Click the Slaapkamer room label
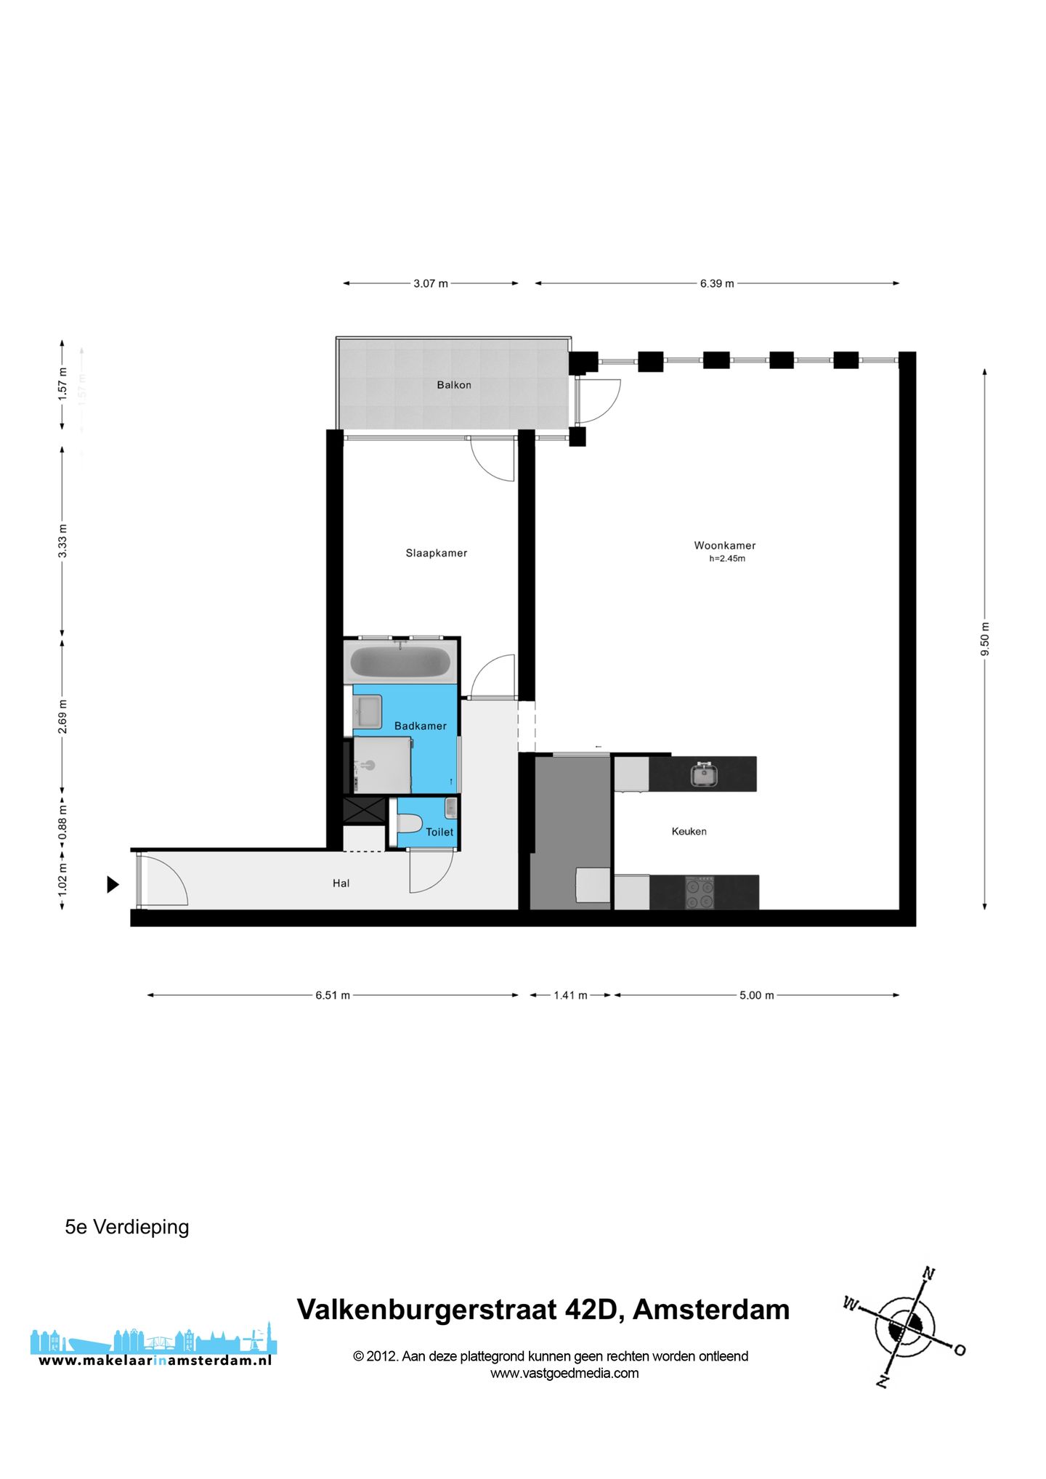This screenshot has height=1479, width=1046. pos(436,553)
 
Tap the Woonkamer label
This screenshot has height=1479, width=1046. pos(724,545)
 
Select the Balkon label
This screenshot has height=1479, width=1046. pos(453,384)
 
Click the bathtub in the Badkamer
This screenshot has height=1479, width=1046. pos(400,662)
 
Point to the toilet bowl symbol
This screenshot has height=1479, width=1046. pos(410,824)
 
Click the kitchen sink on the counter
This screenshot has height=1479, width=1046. pos(703,774)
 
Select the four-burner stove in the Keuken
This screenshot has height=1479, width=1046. pos(700,893)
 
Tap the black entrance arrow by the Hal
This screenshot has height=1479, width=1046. pos(113,884)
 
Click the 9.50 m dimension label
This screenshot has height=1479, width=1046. pos(985,639)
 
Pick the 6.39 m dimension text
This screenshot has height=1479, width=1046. pos(716,283)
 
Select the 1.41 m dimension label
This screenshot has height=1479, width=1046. pos(570,995)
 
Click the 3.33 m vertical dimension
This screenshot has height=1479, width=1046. pos(62,540)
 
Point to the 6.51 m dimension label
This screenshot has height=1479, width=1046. pos(333,995)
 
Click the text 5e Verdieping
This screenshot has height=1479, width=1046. pos(127,1227)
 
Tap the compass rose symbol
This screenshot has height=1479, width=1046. pos(904,1327)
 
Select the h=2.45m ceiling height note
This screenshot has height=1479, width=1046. pos(726,559)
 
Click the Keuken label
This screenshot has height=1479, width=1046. pos(689,831)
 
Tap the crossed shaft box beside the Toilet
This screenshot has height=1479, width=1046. pos(364,810)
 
